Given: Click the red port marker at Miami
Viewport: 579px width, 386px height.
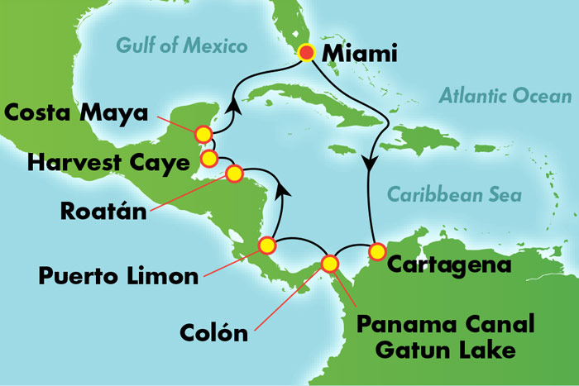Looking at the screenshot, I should [x=307, y=54].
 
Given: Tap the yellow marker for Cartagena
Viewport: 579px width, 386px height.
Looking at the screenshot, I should [x=377, y=250].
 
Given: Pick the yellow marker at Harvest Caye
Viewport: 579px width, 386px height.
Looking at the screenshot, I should [x=209, y=157].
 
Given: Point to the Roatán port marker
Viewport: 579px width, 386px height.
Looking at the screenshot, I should [x=234, y=174].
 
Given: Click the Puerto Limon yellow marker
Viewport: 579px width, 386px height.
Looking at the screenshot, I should [x=266, y=245].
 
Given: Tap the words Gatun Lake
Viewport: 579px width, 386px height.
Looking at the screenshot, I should [x=445, y=349].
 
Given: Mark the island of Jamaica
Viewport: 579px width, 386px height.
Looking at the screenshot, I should [x=346, y=150].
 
